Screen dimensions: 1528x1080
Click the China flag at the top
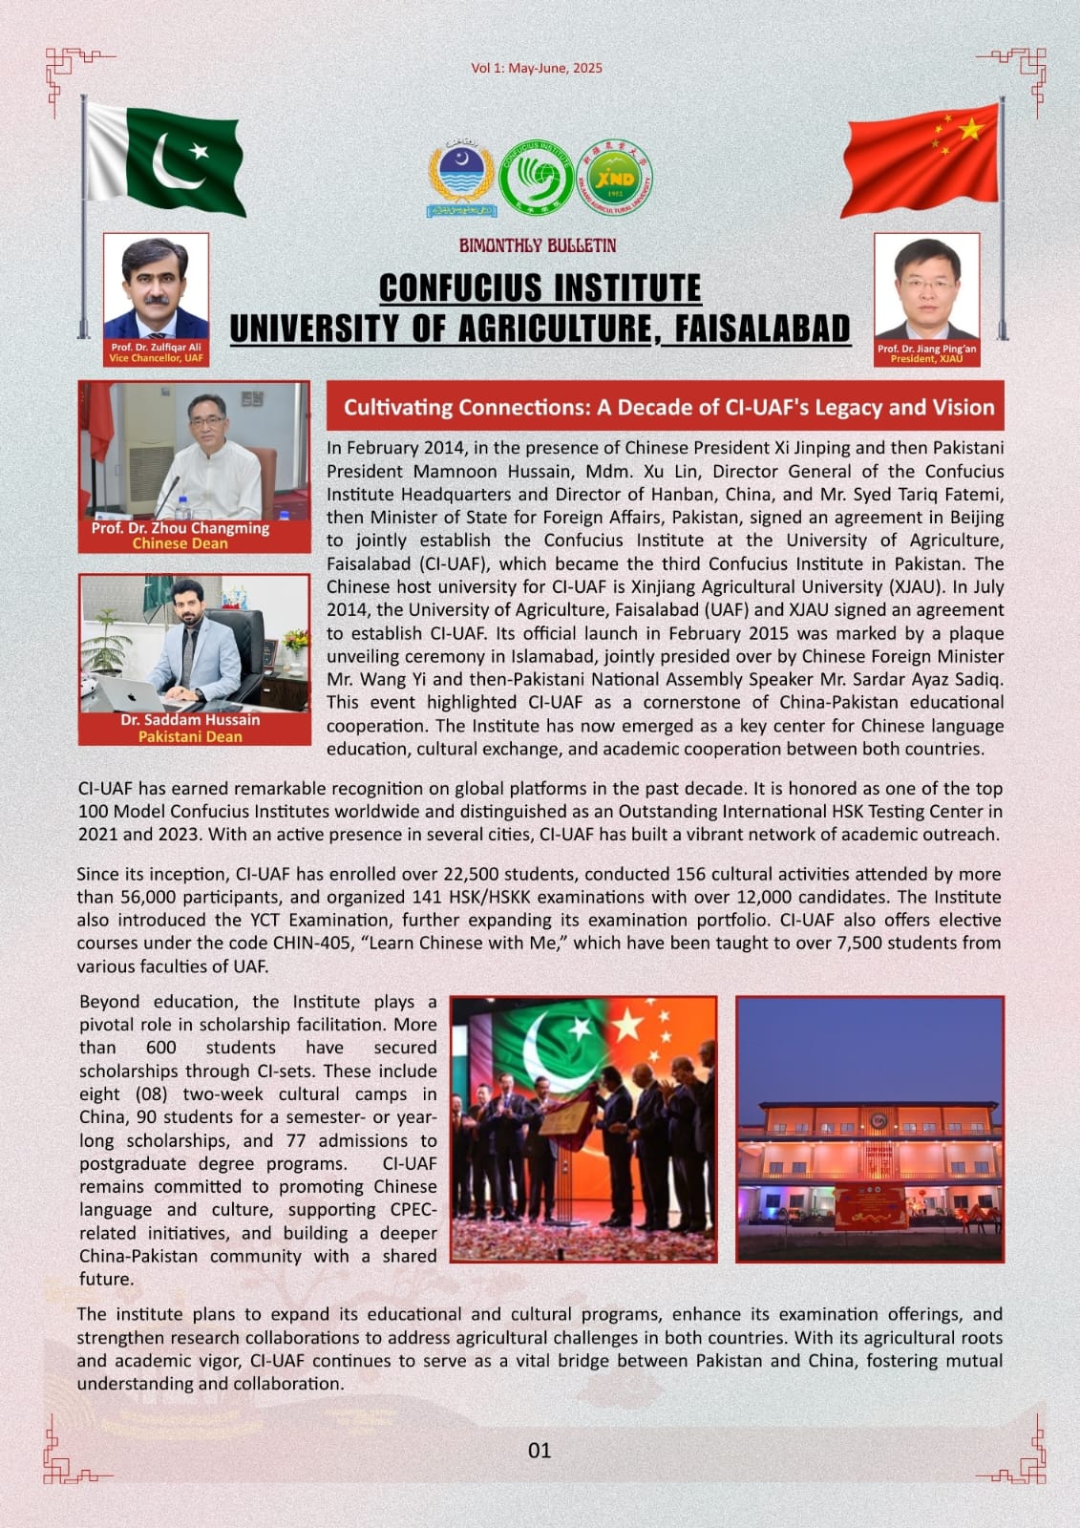pos(921,158)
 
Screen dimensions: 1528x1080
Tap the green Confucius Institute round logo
pos(540,178)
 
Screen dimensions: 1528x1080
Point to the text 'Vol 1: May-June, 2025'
pos(537,68)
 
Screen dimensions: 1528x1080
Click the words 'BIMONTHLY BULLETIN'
pos(538,245)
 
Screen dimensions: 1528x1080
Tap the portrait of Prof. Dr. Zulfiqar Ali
pos(156,287)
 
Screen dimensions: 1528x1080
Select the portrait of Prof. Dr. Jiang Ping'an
pos(926,287)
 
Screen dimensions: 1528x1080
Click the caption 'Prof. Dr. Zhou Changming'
pos(180,528)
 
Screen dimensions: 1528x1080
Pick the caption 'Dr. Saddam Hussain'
pos(190,720)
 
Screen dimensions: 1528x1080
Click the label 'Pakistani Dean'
pos(190,736)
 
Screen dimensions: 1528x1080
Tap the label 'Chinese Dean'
pos(180,543)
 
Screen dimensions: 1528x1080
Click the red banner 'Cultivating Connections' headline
pos(668,408)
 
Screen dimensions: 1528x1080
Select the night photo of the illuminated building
pos(870,1129)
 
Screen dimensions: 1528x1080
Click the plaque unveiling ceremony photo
pos(583,1129)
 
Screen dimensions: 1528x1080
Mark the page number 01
pos(540,1451)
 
